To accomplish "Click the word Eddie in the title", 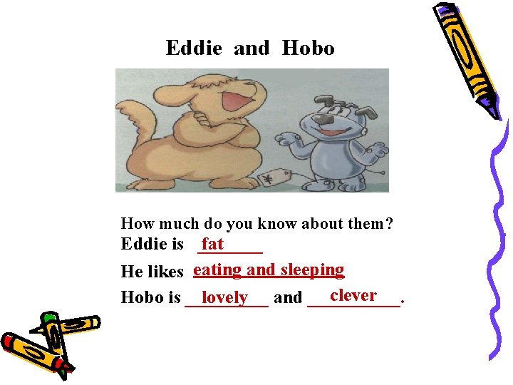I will tap(194, 48).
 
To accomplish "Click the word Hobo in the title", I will tap(308, 48).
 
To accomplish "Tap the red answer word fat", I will tap(213, 244).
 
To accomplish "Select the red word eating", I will tap(218, 269).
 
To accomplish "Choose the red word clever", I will tap(353, 295).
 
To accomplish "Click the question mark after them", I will tap(388, 224).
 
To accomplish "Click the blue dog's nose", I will tap(321, 120).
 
